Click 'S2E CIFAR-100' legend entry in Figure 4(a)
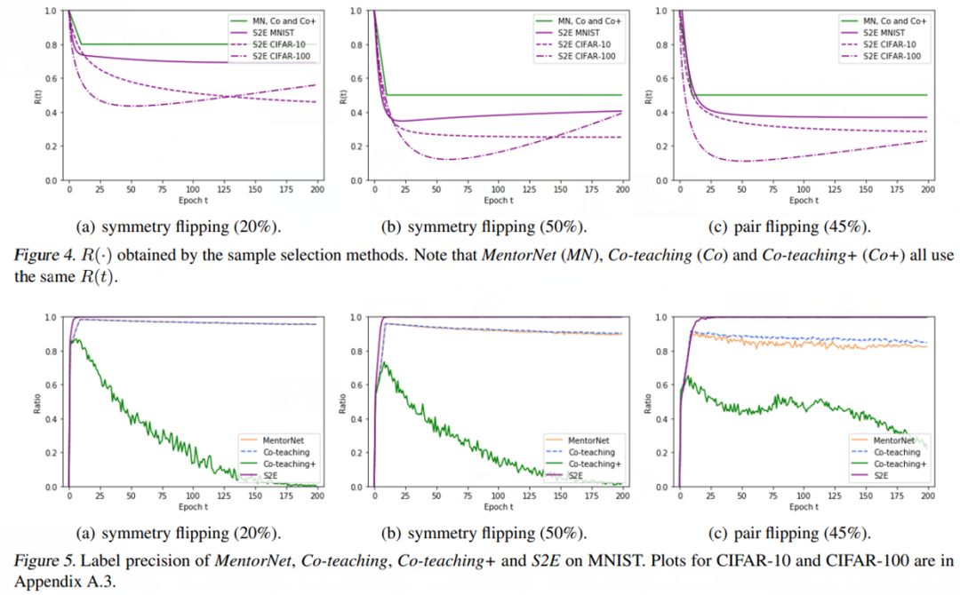pos(283,56)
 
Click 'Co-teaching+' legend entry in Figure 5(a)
pos(289,464)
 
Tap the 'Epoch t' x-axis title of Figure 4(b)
pos(499,201)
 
